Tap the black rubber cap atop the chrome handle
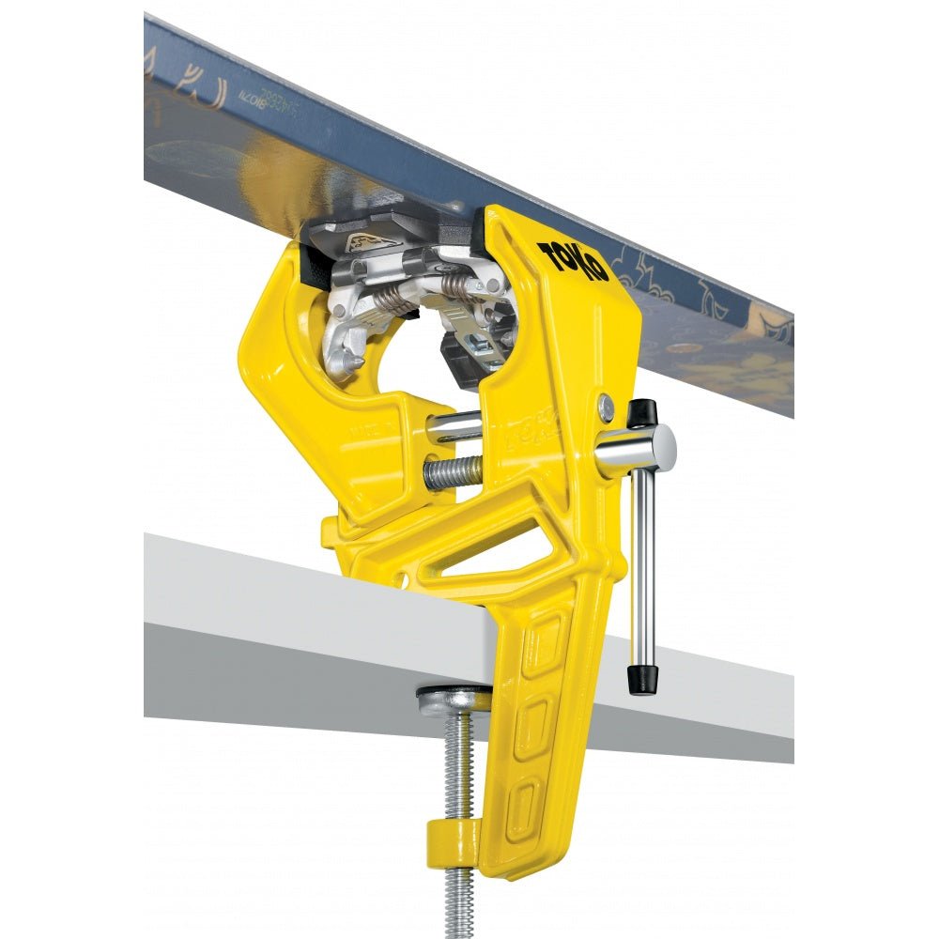(x=641, y=411)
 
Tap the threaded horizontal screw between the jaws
(x=453, y=472)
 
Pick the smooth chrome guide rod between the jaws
(x=458, y=429)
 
